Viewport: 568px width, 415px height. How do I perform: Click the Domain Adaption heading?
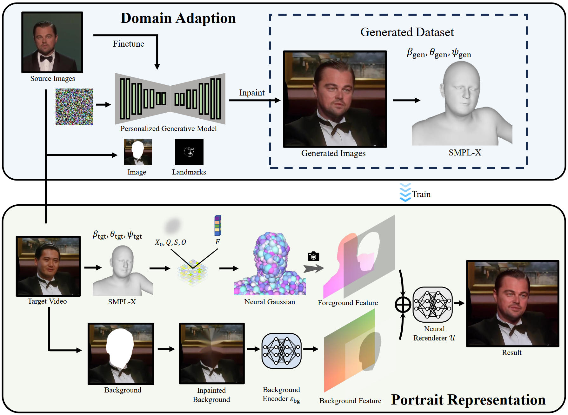tap(178, 18)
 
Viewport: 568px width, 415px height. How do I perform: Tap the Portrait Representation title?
tap(468, 399)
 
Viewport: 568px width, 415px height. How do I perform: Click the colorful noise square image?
tap(74, 107)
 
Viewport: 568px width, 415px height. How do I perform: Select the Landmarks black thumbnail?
tap(189, 152)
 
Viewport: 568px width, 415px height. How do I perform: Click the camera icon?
tap(313, 256)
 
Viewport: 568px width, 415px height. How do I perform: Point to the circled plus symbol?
tap(403, 305)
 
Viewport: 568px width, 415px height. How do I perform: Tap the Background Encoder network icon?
tap(281, 351)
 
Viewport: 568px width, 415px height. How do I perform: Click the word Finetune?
tap(128, 44)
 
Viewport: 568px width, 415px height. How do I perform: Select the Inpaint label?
tap(251, 93)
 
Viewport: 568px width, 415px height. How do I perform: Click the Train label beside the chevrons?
tap(421, 194)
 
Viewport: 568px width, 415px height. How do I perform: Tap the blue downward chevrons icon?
tap(405, 193)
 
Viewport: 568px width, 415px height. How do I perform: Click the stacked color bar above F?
tap(217, 225)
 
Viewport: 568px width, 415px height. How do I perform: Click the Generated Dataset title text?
tap(407, 32)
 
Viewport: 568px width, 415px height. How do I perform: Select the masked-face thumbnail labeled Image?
tap(138, 152)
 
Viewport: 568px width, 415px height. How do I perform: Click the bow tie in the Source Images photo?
tap(46, 58)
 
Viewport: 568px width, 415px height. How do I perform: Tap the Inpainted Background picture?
tap(211, 353)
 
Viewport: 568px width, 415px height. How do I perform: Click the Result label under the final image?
tap(511, 352)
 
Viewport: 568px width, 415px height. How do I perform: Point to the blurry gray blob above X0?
tap(172, 226)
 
